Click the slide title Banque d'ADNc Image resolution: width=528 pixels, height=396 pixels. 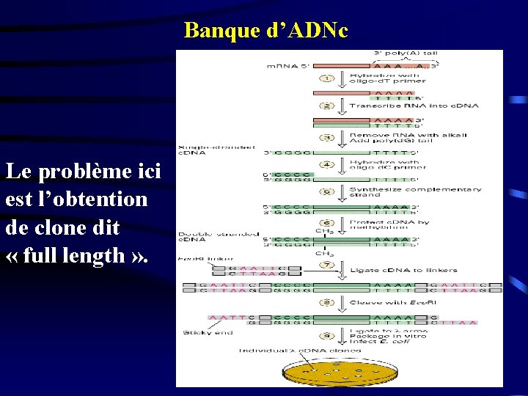(x=266, y=31)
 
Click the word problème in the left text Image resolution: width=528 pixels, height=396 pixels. (x=83, y=172)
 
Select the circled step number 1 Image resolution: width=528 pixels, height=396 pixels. (x=329, y=78)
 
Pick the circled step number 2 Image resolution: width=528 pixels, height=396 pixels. (x=329, y=106)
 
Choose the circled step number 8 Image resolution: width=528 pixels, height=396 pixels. (x=329, y=302)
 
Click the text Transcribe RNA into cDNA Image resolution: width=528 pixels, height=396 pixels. (x=414, y=106)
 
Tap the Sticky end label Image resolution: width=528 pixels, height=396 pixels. (x=208, y=333)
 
